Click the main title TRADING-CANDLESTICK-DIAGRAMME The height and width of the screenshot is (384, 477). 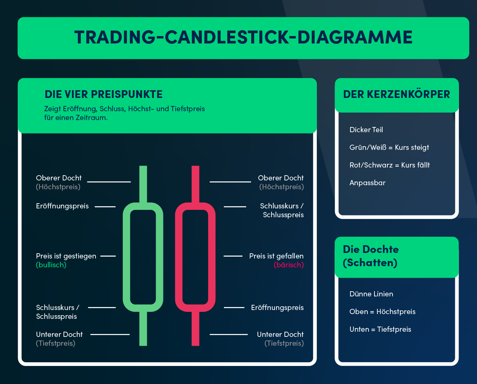click(x=243, y=37)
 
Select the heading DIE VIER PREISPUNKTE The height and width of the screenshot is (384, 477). click(x=103, y=94)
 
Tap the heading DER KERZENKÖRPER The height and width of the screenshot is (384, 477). click(x=396, y=94)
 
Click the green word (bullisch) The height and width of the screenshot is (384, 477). click(x=51, y=265)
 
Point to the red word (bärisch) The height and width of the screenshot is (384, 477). click(x=288, y=265)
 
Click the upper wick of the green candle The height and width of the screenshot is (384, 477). click(x=143, y=183)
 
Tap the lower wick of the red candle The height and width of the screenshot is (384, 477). click(x=196, y=328)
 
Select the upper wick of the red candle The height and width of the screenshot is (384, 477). click(x=196, y=183)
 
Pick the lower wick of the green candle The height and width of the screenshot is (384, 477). click(x=143, y=328)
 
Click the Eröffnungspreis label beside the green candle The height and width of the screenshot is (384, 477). click(x=62, y=206)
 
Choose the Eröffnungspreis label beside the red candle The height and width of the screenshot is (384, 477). click(x=277, y=307)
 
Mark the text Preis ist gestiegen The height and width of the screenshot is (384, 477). click(x=66, y=256)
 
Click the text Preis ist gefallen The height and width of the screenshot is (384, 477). click(x=276, y=256)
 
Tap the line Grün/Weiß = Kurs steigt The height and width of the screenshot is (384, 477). click(x=389, y=147)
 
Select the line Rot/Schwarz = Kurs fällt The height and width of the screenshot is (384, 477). click(x=390, y=165)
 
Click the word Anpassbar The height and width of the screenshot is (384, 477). click(x=367, y=183)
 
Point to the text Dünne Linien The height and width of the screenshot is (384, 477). click(x=371, y=294)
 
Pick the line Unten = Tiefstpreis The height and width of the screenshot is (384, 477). click(x=380, y=329)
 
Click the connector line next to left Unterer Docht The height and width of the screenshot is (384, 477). click(x=110, y=334)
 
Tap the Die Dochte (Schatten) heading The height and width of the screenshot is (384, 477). click(x=371, y=256)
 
